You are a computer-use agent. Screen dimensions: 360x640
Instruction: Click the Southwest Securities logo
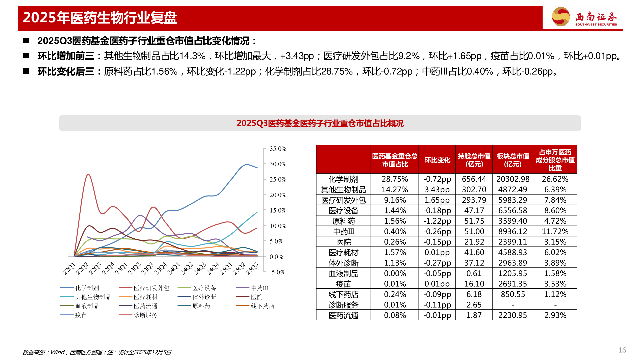click(x=584, y=17)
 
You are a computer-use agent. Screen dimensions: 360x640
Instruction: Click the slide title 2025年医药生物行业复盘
click(x=100, y=18)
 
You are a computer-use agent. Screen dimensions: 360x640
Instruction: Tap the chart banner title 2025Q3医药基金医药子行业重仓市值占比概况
click(x=320, y=123)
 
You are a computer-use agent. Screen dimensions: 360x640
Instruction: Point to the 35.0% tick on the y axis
click(x=278, y=149)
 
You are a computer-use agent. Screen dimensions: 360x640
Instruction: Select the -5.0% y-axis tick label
click(x=277, y=272)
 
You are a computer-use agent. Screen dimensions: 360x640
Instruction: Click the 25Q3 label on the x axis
click(x=252, y=269)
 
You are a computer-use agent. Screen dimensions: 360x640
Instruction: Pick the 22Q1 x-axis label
click(x=69, y=269)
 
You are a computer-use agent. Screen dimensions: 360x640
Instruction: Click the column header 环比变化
click(x=437, y=160)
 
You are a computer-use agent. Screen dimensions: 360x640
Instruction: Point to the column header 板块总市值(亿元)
click(x=513, y=160)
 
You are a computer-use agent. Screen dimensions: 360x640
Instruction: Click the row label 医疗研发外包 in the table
click(x=343, y=200)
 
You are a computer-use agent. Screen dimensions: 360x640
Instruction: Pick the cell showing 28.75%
click(x=395, y=179)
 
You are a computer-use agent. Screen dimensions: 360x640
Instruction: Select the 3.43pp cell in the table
click(x=437, y=190)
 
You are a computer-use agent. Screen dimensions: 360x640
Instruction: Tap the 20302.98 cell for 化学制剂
click(x=513, y=179)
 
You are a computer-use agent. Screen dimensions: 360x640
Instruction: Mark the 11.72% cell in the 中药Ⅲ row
click(x=555, y=231)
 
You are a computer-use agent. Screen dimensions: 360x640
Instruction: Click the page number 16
click(x=622, y=350)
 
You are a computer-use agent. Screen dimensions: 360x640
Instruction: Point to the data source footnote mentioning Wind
click(x=97, y=352)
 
